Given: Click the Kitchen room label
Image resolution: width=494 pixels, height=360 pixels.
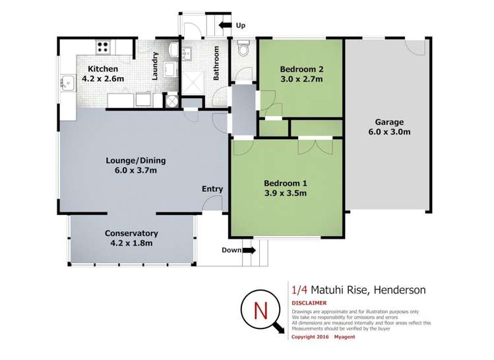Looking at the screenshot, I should (x=103, y=69).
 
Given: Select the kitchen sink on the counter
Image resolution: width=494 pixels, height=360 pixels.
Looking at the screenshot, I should (x=68, y=82).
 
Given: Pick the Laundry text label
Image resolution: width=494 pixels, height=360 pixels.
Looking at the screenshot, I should (x=156, y=66).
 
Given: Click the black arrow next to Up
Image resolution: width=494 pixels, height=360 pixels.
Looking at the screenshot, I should (x=224, y=25).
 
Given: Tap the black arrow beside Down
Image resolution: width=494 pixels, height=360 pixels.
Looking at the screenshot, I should (x=249, y=250).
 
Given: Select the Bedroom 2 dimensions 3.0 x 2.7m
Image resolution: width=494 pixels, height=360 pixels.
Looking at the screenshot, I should (x=301, y=79).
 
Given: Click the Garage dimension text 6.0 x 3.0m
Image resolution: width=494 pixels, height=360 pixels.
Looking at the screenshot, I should (x=389, y=132).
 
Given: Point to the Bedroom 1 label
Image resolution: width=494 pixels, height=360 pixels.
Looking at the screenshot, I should (x=285, y=183).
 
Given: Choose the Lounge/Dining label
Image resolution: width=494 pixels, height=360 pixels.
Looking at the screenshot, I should (x=136, y=160).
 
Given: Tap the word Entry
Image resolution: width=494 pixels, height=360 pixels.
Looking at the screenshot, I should (x=212, y=189).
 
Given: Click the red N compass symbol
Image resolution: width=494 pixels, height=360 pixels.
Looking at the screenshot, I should (x=262, y=309).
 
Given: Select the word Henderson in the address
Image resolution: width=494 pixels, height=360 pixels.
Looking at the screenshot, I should (x=400, y=289).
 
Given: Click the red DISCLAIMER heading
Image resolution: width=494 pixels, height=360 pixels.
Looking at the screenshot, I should (x=310, y=303).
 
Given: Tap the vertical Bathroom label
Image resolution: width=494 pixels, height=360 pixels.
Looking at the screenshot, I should (x=216, y=63).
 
